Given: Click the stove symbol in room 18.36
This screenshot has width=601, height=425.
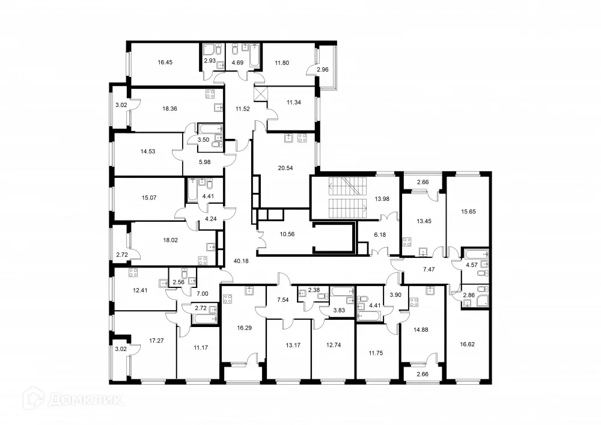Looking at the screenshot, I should [x=211, y=93].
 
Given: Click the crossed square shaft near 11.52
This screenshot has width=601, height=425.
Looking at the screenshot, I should [x=260, y=94].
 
